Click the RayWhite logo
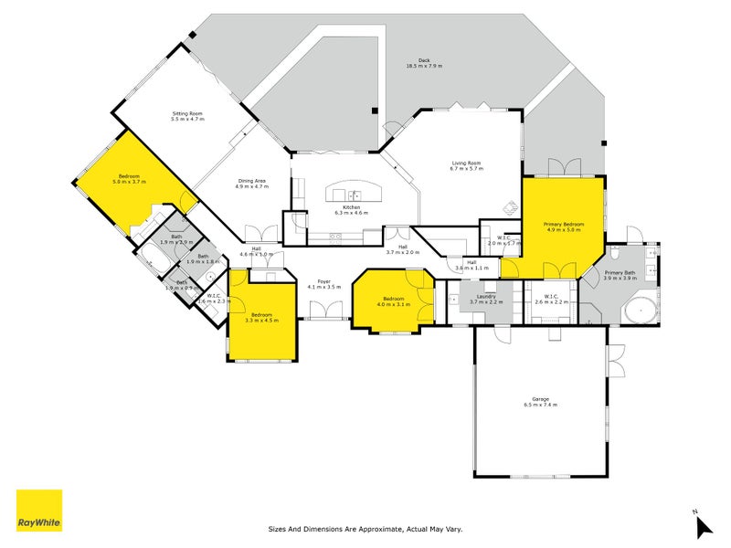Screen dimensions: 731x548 (39, 511)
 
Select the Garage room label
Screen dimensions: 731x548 (540, 400)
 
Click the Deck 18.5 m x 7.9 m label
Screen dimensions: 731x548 (424, 63)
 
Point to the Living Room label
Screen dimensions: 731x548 (465, 165)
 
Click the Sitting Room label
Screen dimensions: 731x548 (188, 116)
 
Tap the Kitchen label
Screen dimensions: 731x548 (352, 210)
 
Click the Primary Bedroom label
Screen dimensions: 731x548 (564, 227)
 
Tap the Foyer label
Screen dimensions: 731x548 (323, 283)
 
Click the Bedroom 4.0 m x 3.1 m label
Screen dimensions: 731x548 (394, 301)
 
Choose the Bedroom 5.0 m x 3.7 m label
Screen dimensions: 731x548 (129, 179)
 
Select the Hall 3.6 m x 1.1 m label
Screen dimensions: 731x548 (471, 266)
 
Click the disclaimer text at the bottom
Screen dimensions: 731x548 (365, 528)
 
